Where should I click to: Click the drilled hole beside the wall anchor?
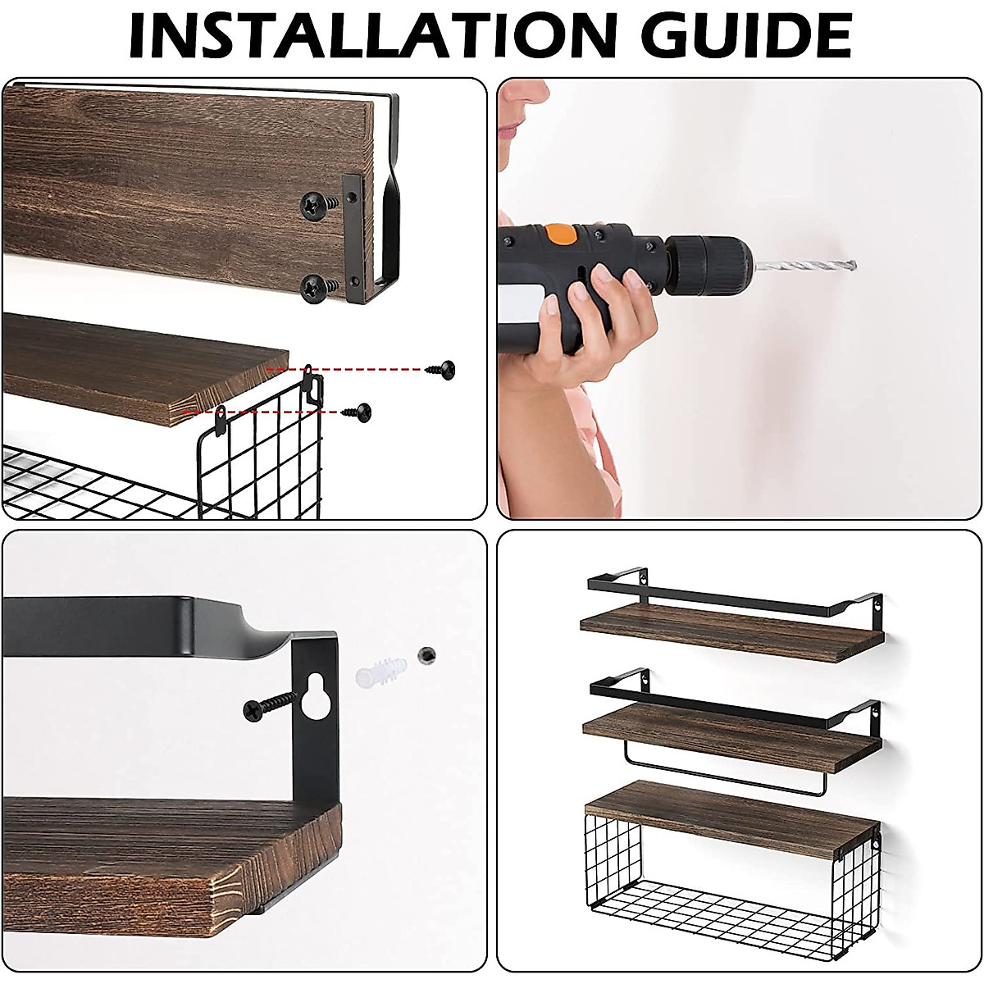coord(425,654)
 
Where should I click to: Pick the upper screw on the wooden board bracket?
coord(318,204)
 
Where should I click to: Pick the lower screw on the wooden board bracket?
coord(318,287)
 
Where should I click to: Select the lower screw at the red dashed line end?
coord(358,410)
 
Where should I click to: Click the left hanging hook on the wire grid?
coord(220,420)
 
